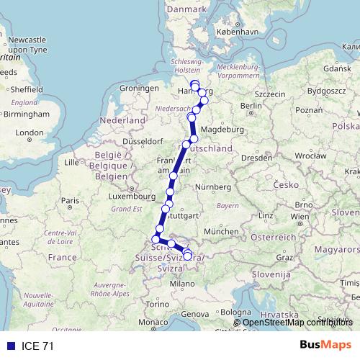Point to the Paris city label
coord(69,201)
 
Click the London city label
coord(30,132)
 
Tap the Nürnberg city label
coord(216,187)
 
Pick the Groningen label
coord(139,88)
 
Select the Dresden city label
coord(256,156)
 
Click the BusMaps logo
coord(325,346)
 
